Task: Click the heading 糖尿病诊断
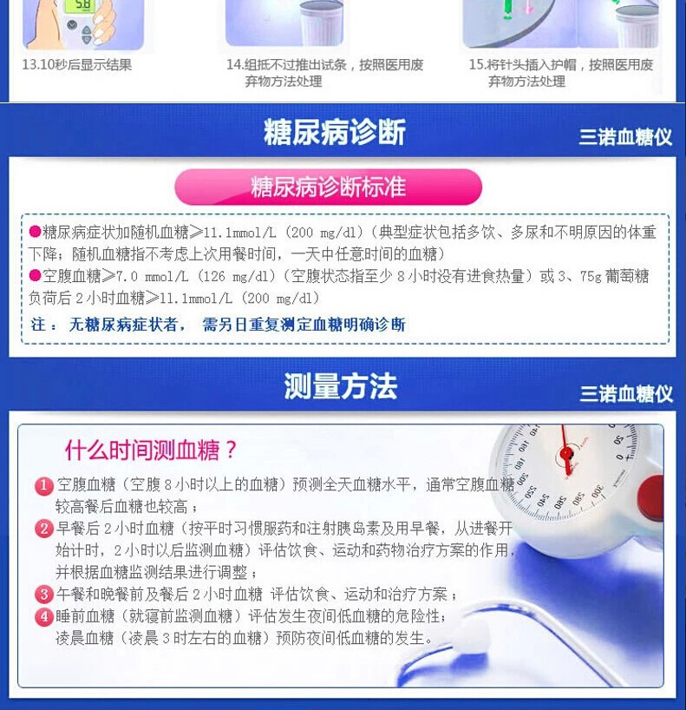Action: pyautogui.click(x=335, y=132)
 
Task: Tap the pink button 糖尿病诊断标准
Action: pyautogui.click(x=328, y=187)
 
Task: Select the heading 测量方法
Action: pyautogui.click(x=340, y=386)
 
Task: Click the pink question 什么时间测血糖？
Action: pyautogui.click(x=151, y=450)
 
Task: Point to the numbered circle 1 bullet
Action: pyautogui.click(x=44, y=486)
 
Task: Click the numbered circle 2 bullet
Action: pyautogui.click(x=44, y=529)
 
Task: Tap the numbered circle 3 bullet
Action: pyautogui.click(x=44, y=594)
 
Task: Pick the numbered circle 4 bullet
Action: pyautogui.click(x=44, y=616)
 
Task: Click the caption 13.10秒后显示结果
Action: pyautogui.click(x=77, y=64)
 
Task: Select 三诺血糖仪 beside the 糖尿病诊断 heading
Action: pyautogui.click(x=625, y=137)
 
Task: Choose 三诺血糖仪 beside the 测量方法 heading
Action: pyautogui.click(x=626, y=393)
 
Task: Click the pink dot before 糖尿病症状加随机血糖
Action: pyautogui.click(x=35, y=232)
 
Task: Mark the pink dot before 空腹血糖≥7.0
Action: pyautogui.click(x=35, y=275)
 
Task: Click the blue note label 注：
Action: pyautogui.click(x=43, y=325)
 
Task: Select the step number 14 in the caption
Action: pyautogui.click(x=233, y=65)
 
